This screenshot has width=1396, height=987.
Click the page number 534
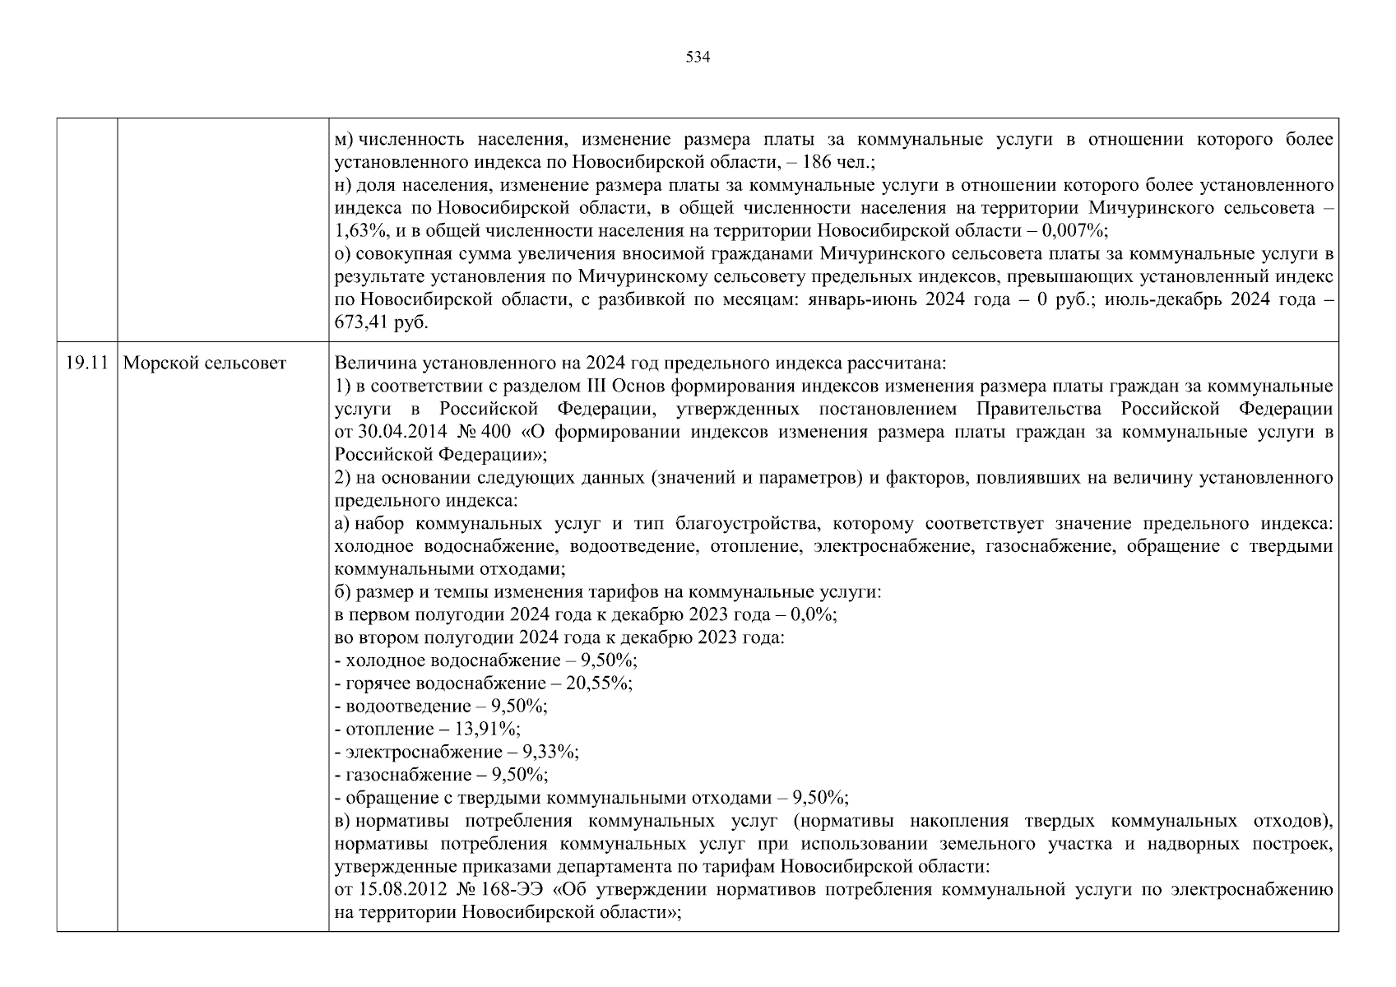click(x=698, y=58)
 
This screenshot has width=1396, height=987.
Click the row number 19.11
click(x=86, y=363)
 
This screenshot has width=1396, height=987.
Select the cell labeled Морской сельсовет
click(x=204, y=363)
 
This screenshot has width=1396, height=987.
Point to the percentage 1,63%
click(x=359, y=231)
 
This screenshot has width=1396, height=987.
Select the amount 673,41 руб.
click(x=382, y=322)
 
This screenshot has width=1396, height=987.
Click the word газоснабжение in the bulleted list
click(x=403, y=775)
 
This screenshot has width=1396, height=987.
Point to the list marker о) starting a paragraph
click(x=343, y=254)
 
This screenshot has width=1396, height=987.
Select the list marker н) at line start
click(x=343, y=186)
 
